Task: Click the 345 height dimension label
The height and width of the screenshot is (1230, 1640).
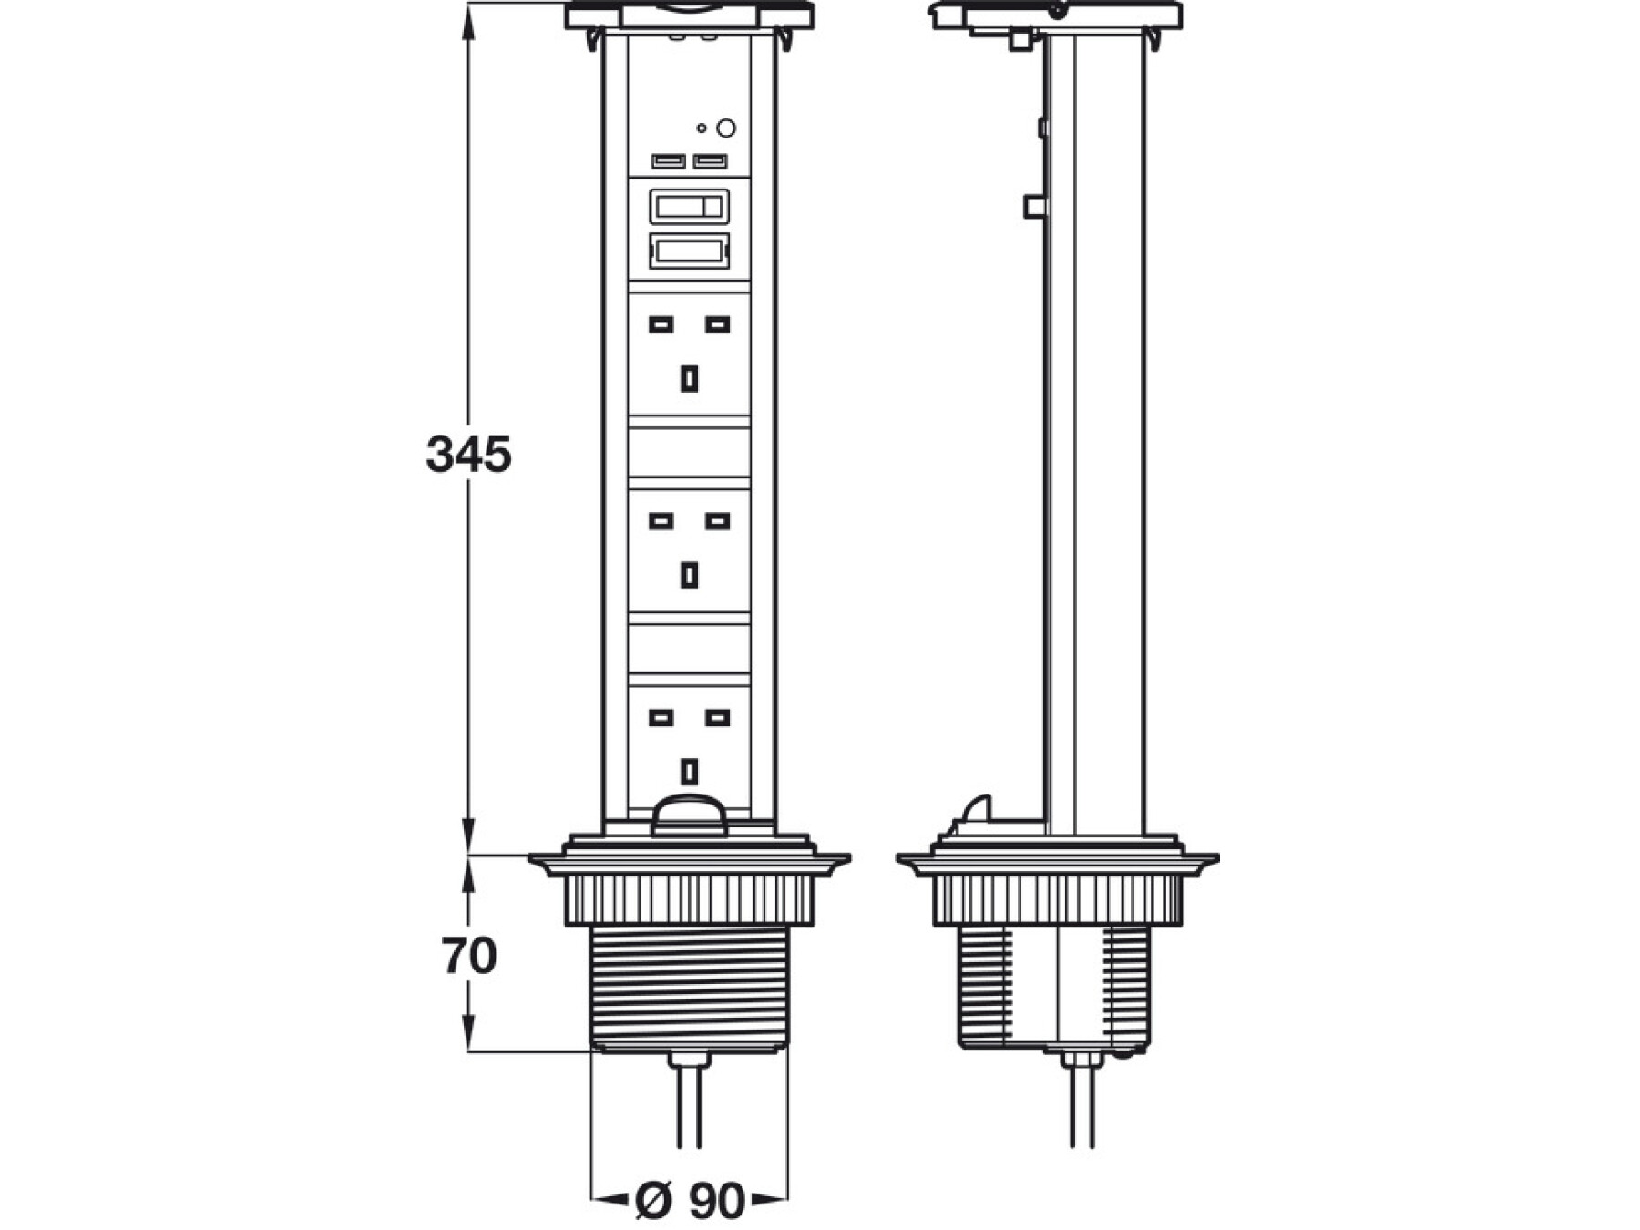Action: point(468,454)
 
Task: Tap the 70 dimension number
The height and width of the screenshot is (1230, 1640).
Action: point(469,956)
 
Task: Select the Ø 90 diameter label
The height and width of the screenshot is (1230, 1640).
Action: point(690,1201)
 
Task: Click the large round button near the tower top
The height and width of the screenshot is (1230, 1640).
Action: point(726,128)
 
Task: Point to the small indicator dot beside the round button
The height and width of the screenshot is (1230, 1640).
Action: point(702,128)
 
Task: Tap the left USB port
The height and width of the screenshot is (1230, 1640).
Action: point(668,161)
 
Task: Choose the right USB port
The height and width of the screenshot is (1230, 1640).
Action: point(711,161)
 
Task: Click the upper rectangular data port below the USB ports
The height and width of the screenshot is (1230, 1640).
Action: point(689,207)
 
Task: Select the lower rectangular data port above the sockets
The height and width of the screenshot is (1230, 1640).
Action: point(689,251)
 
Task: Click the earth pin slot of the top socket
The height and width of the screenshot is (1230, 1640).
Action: point(690,378)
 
